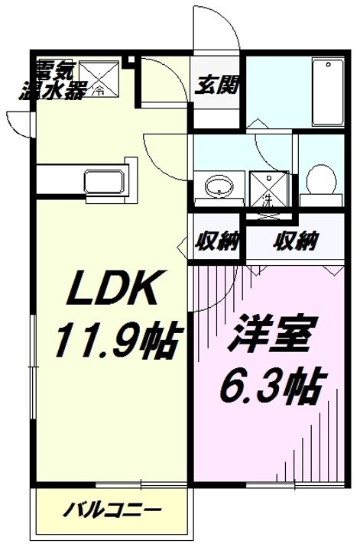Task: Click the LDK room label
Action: click(x=112, y=288)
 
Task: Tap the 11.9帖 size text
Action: click(x=118, y=339)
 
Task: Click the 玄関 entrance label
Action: click(x=216, y=85)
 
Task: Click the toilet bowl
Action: click(x=321, y=181)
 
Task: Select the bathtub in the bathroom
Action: click(x=328, y=92)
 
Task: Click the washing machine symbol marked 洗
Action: click(x=268, y=189)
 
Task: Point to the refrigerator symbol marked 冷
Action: click(x=99, y=79)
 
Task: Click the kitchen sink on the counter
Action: click(x=104, y=182)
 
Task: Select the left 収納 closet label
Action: click(x=217, y=241)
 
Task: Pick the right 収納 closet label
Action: click(x=296, y=241)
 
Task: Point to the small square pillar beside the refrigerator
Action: click(x=131, y=60)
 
